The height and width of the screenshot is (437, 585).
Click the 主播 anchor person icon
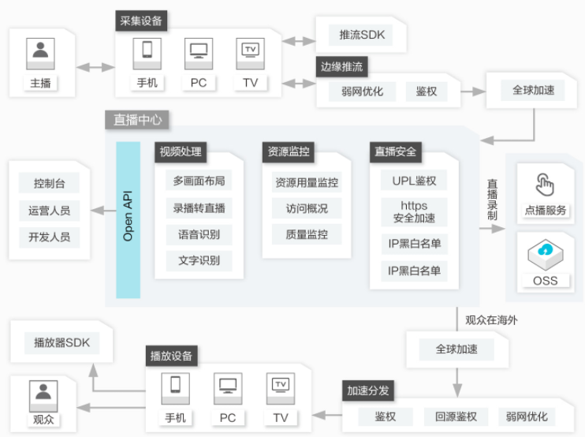click(40, 54)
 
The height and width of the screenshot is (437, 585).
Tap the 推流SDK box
click(360, 35)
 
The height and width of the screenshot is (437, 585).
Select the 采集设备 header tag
click(141, 21)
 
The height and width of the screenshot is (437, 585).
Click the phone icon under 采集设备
click(147, 54)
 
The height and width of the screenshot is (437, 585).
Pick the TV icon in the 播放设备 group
click(281, 388)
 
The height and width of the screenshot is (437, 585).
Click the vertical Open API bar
click(128, 220)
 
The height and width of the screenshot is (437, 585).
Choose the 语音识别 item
click(199, 235)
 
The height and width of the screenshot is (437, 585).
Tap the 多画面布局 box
click(199, 181)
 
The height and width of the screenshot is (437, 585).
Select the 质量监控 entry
click(307, 234)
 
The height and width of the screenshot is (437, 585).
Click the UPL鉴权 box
click(414, 181)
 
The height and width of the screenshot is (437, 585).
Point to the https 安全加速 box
click(414, 212)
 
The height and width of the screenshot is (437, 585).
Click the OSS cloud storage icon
click(546, 254)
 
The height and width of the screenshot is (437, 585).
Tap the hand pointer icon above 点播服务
click(545, 185)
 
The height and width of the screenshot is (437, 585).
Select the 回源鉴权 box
click(456, 416)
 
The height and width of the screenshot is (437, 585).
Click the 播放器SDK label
click(62, 342)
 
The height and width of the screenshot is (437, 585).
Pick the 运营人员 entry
click(49, 211)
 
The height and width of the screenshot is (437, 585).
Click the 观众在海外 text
click(491, 320)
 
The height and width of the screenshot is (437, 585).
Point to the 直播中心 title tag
click(137, 120)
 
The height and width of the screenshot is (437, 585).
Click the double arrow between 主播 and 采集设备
click(95, 67)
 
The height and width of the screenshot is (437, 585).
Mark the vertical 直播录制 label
click(492, 200)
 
